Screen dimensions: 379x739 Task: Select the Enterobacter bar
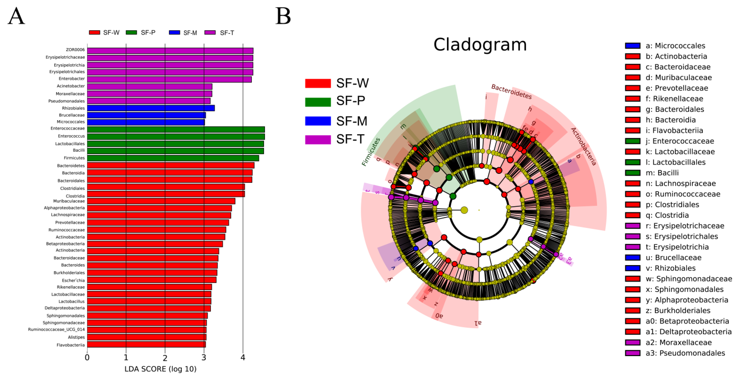tap(169, 79)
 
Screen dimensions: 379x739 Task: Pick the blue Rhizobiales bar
tap(151, 108)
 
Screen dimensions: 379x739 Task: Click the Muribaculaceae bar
tap(161, 201)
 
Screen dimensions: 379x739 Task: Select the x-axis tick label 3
tap(204, 357)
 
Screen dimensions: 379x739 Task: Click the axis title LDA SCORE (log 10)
tap(160, 369)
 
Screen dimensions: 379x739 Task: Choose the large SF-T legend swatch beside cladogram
tap(318, 140)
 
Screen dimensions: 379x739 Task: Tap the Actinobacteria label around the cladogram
tap(583, 146)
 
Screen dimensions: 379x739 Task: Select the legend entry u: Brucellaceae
tap(673, 257)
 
